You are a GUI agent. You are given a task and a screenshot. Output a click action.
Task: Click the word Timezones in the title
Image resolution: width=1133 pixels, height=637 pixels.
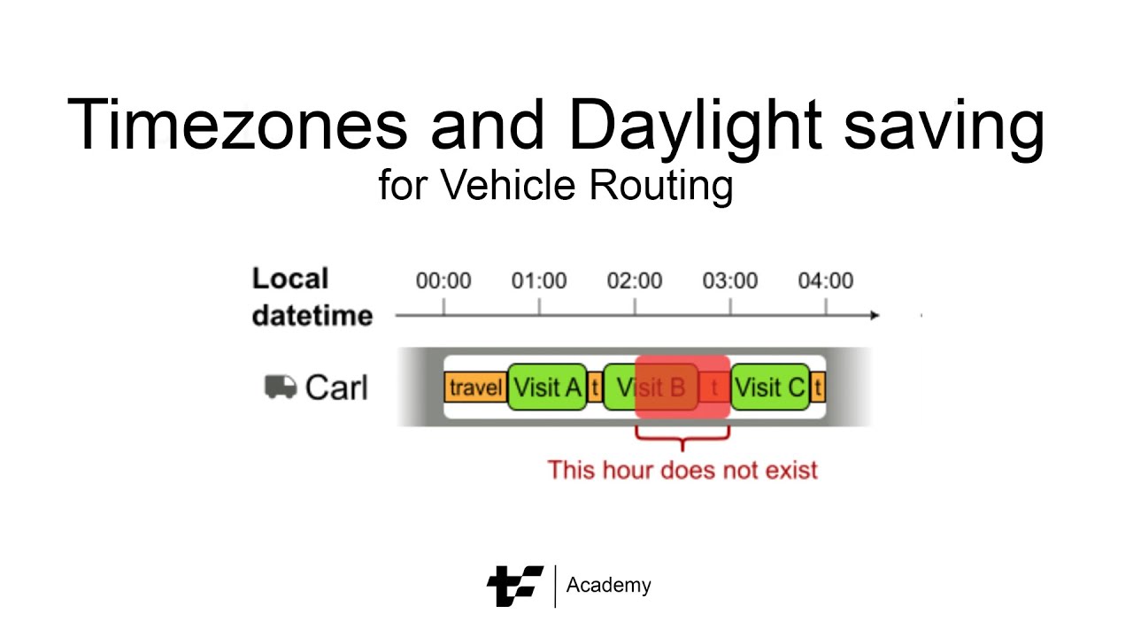(x=236, y=125)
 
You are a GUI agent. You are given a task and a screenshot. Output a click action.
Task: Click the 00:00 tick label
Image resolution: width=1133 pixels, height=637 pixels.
(x=443, y=281)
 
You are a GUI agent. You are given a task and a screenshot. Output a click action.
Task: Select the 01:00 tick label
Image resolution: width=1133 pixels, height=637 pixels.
(x=539, y=281)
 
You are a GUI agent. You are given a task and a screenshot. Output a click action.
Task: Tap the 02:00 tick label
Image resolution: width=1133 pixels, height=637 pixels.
(x=635, y=281)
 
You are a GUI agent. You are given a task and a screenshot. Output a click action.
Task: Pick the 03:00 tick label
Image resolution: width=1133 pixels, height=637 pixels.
(x=730, y=281)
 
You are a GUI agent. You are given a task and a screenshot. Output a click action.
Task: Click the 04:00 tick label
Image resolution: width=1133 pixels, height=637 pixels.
(x=826, y=281)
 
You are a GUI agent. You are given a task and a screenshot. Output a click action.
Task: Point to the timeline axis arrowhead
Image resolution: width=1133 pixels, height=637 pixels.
(x=875, y=315)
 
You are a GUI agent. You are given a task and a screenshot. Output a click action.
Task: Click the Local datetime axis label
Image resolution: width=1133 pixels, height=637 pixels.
(x=312, y=297)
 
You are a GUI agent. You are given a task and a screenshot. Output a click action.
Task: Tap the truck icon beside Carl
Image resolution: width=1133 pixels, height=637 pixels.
(x=281, y=387)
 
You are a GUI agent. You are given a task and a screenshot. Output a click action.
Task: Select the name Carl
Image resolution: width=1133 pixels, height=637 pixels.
(x=336, y=388)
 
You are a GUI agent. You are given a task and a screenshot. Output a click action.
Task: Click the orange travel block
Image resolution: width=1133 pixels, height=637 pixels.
(x=475, y=388)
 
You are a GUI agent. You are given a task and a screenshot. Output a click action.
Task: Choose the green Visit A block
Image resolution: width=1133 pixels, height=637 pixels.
(x=548, y=388)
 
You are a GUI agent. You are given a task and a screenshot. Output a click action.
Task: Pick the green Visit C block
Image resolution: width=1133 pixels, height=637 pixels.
(x=770, y=388)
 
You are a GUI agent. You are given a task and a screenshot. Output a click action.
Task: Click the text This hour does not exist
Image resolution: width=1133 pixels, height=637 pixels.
(x=682, y=469)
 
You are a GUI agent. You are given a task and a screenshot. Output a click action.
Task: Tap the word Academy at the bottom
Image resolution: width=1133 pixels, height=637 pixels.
(x=608, y=586)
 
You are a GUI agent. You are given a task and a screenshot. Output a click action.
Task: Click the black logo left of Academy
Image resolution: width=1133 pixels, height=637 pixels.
(x=514, y=586)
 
